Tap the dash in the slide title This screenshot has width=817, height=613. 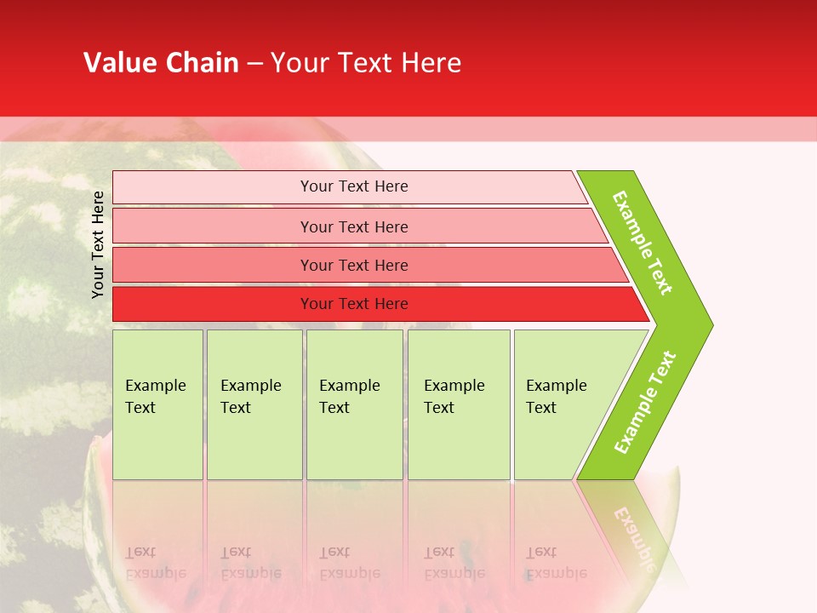coord(254,64)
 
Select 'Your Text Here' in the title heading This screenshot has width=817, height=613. coord(366,63)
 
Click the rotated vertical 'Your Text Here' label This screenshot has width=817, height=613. coord(98,244)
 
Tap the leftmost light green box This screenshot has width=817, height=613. coord(157,404)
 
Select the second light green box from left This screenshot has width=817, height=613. coord(254,404)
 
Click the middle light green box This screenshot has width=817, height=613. coord(354,404)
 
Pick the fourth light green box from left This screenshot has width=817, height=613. coord(459,404)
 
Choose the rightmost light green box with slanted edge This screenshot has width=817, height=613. coord(562,404)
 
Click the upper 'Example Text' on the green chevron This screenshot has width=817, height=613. coord(643,243)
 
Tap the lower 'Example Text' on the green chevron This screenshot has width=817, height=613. coord(644,402)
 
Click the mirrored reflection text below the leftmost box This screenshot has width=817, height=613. coord(155,563)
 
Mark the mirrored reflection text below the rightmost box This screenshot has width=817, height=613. coord(556,563)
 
